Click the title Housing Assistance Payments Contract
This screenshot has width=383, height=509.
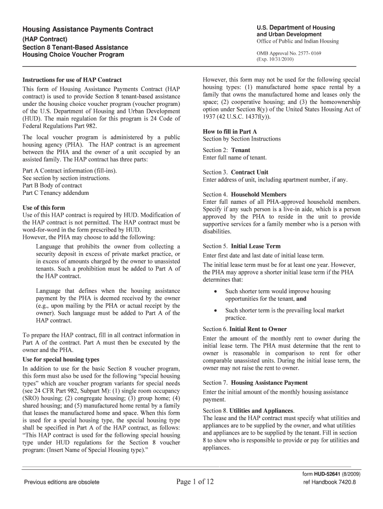click(x=88, y=30)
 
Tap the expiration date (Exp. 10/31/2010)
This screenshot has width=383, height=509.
click(x=276, y=59)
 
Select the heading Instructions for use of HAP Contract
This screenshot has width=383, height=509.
click(x=72, y=80)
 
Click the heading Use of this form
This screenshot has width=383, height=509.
click(x=44, y=207)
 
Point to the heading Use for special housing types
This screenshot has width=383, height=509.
click(x=61, y=359)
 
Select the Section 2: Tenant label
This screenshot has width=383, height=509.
click(x=226, y=150)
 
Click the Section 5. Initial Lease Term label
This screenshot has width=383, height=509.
click(x=242, y=246)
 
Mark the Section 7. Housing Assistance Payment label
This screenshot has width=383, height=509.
click(x=255, y=383)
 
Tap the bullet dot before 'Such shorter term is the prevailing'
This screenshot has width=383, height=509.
click(x=214, y=311)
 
